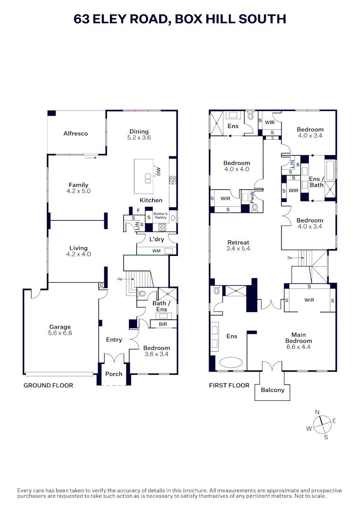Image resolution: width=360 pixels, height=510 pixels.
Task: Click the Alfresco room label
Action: coord(75,134)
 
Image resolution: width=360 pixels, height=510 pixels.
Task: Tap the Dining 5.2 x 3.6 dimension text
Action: coord(139,138)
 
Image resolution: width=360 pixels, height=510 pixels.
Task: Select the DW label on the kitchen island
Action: coord(159,172)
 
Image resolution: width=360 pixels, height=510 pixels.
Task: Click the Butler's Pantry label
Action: coord(160,216)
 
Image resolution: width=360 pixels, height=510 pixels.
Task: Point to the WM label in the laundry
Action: coord(156,251)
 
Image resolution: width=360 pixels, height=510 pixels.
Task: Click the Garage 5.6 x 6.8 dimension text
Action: coord(60,333)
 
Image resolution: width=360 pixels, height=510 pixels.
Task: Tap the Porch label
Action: coord(113,374)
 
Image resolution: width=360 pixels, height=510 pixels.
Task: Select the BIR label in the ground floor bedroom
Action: coord(162,324)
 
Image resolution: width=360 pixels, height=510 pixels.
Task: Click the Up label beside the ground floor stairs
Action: coord(120,279)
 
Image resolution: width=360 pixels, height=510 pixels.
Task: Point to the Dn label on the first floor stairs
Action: coord(290,258)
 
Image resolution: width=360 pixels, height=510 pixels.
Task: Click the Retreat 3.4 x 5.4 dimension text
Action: coord(238,248)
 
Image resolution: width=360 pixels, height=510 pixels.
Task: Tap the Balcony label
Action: coord(272,390)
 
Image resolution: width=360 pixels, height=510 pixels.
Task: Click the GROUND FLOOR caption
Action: coord(48,385)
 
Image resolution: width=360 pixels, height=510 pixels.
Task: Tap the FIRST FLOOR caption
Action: coord(229,385)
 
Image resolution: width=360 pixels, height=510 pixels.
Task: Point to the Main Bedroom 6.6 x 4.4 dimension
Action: coord(298,347)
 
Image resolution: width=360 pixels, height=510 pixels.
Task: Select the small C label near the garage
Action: coord(101,285)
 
